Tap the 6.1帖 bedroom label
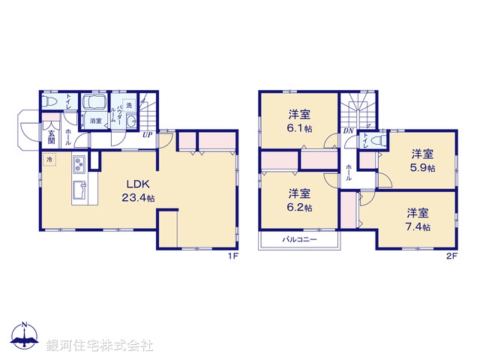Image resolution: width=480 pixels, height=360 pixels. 300,122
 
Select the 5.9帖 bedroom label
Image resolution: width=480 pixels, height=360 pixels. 422,160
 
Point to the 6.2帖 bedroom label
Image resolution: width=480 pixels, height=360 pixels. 300,200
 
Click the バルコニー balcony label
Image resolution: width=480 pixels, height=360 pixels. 300,240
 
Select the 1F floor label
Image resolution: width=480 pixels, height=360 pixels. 233,256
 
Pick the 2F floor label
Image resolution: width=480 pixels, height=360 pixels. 450,256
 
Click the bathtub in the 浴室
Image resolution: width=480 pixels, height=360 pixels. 95,104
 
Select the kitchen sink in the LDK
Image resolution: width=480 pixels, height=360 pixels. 79,187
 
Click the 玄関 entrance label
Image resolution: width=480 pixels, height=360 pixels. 51,135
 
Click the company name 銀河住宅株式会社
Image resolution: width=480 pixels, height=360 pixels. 100,346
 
